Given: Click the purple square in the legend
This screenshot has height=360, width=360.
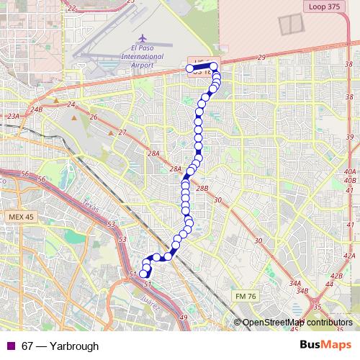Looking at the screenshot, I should [x=9, y=346].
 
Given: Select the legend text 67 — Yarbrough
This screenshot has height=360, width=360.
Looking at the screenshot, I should [x=60, y=346].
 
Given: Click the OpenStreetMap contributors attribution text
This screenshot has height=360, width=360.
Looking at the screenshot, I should [x=297, y=323].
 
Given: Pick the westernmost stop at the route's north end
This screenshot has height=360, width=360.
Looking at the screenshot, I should [x=190, y=69].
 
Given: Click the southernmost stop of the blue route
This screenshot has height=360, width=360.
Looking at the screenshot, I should [x=143, y=274].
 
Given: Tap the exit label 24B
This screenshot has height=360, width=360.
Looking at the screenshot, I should [x=37, y=109].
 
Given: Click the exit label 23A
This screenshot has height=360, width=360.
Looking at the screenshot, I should [x=12, y=115].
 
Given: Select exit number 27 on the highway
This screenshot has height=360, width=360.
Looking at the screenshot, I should [x=122, y=132].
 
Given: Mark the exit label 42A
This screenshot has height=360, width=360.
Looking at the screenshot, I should [x=349, y=256].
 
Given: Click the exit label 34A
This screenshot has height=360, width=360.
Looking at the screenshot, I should [x=295, y=284].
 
